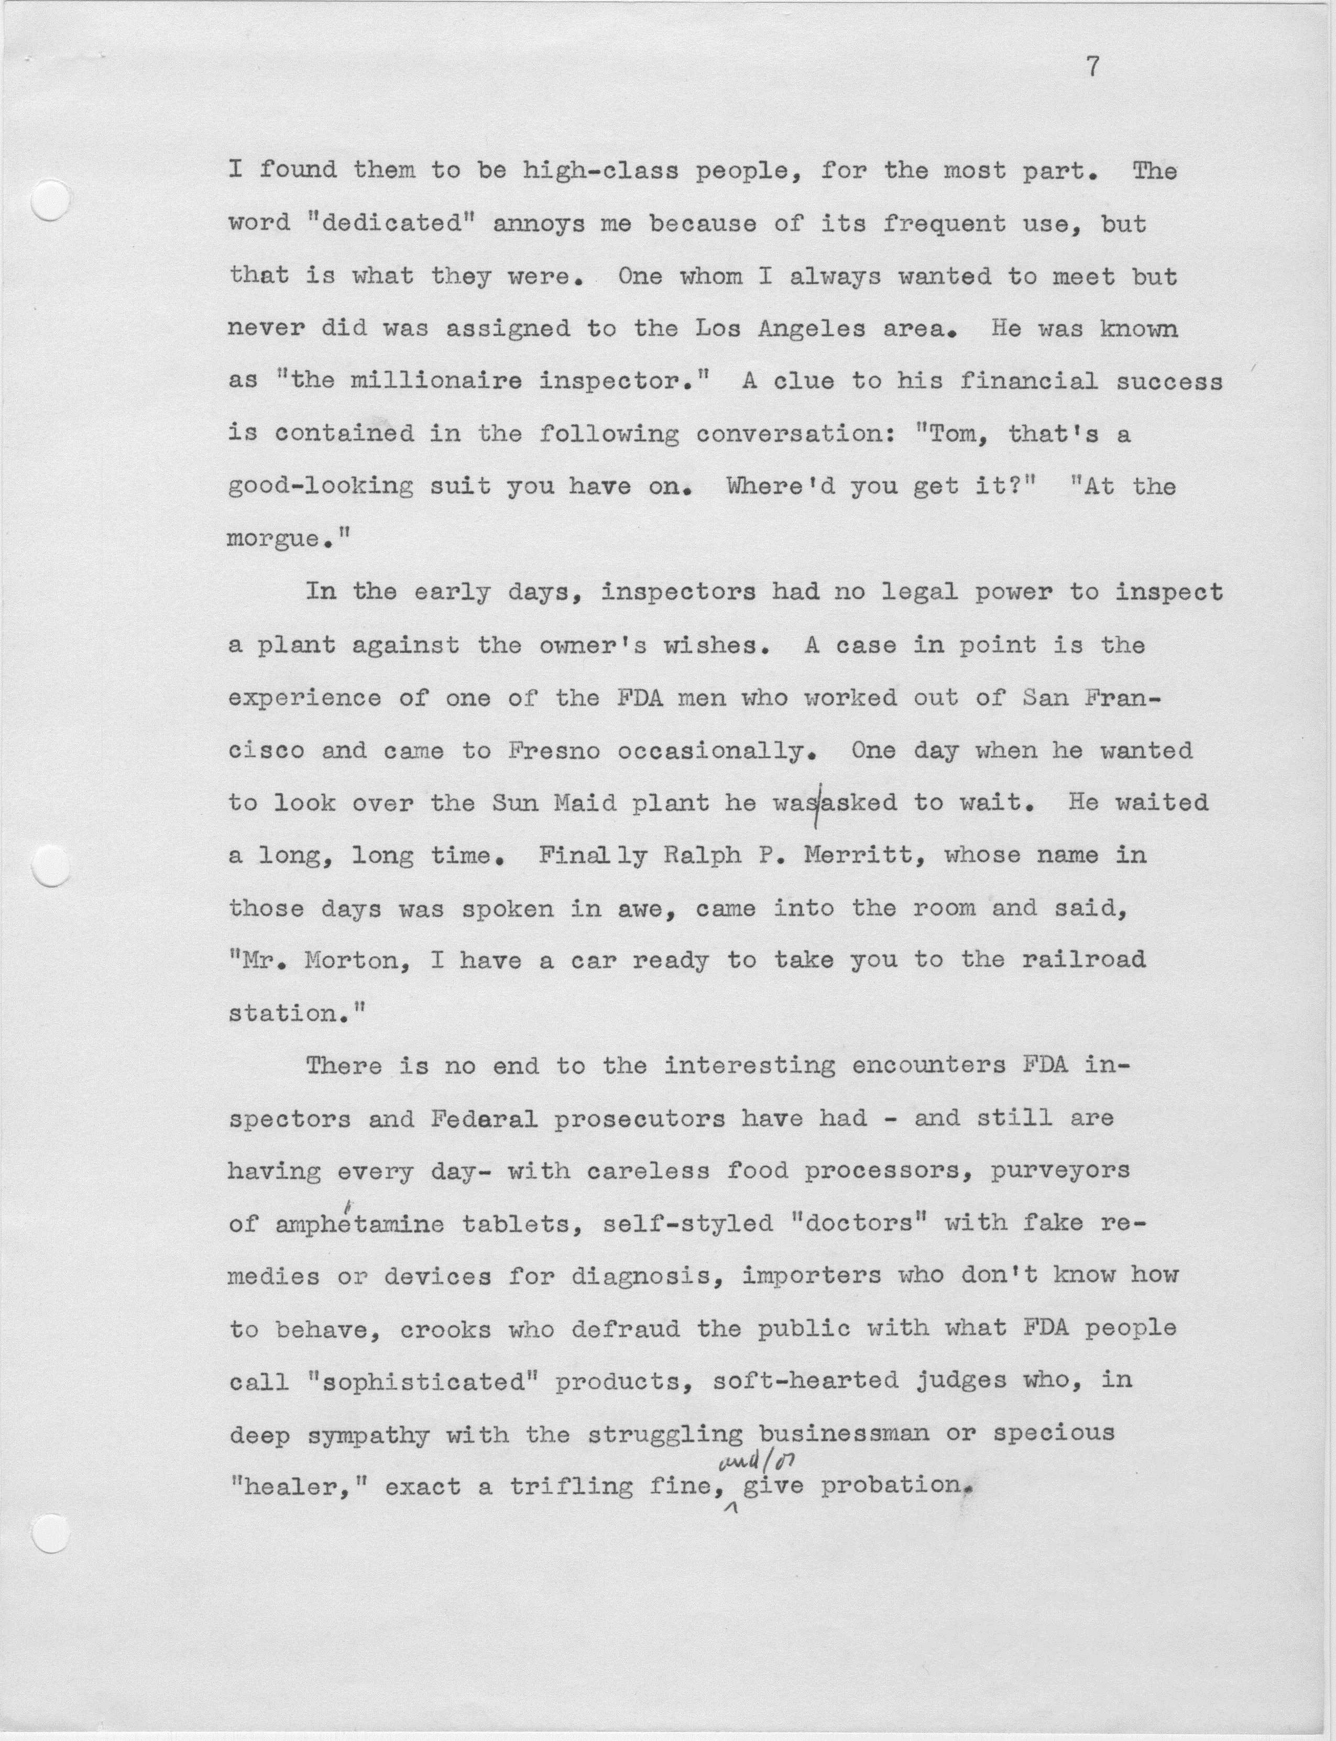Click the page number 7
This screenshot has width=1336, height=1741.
tap(1093, 69)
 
